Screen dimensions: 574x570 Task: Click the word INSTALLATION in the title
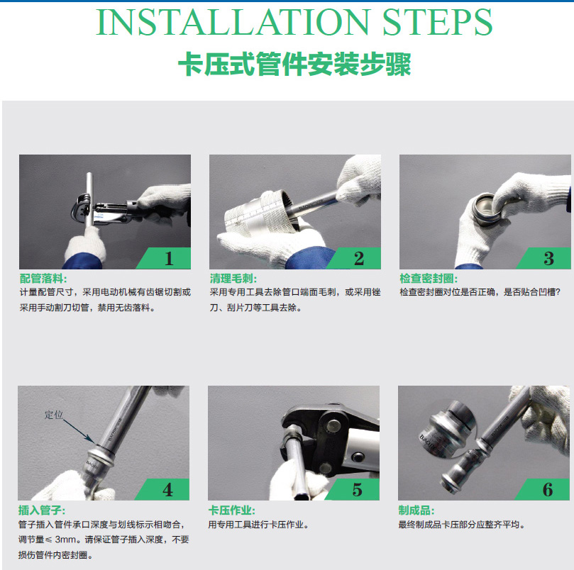(x=233, y=22)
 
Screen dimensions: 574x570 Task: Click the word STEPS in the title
(x=438, y=22)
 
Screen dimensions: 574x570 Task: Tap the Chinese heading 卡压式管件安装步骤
(x=294, y=65)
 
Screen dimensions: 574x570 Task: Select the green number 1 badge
(x=164, y=258)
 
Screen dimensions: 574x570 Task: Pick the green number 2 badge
(x=353, y=258)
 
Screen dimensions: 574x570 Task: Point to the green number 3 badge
(x=543, y=258)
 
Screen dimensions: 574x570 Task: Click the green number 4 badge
(x=162, y=489)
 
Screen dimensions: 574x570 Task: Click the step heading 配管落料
(x=43, y=279)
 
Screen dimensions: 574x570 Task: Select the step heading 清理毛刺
(x=233, y=279)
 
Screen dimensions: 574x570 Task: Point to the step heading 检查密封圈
(x=429, y=279)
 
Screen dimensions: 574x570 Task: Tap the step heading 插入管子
(x=42, y=510)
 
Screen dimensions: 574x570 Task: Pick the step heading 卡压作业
(x=232, y=510)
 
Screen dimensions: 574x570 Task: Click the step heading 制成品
(x=416, y=510)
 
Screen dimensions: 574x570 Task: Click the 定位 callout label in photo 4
(x=54, y=415)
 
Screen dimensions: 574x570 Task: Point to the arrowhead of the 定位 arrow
(x=93, y=440)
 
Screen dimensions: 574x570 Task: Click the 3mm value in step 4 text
(x=65, y=540)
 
